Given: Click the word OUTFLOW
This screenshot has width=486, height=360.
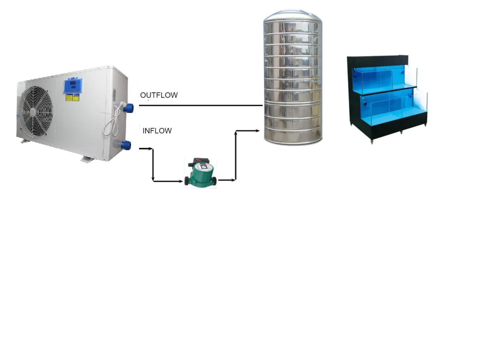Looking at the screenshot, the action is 159,95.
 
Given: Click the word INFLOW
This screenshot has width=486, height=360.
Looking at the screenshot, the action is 157,131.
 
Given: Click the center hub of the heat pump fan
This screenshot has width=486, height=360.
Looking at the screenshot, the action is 33,112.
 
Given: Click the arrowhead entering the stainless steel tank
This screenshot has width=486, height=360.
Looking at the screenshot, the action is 258,130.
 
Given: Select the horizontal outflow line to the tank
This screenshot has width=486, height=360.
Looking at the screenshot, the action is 202,106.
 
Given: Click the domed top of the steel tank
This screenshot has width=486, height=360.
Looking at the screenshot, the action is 292,18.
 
